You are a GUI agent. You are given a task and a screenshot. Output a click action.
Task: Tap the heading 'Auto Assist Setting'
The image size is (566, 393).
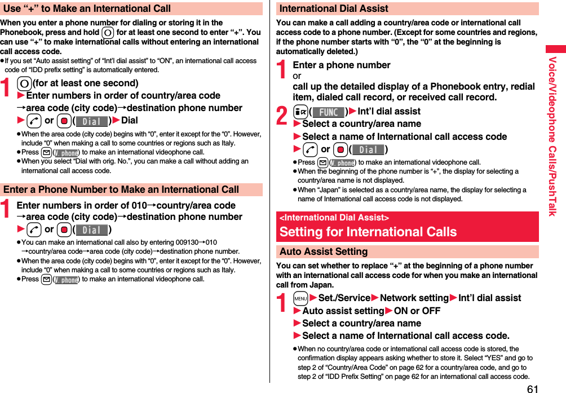pos(324,251)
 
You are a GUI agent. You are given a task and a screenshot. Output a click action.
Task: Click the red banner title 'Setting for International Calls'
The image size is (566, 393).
pos(368,232)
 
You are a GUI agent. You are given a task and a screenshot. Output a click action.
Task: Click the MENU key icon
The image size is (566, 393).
pos(300,298)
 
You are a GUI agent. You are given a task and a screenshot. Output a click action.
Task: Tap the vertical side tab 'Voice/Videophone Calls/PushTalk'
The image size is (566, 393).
pos(553,136)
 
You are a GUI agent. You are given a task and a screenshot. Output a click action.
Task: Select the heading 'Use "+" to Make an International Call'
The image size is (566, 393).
pos(86,8)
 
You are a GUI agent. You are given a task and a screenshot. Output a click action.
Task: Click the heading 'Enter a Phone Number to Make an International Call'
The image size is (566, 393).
pos(121,189)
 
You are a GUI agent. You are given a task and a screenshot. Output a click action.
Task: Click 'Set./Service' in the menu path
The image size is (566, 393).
pos(344,298)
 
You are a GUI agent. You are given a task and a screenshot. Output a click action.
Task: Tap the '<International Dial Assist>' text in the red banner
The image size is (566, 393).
pos(334,218)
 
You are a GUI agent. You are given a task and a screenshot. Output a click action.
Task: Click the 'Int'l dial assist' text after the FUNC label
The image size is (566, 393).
pos(389,111)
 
